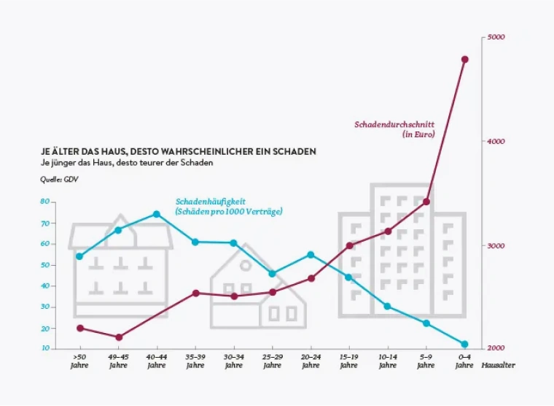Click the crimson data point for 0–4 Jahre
click(x=464, y=60)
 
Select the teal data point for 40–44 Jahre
click(x=157, y=214)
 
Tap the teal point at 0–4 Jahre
click(x=464, y=344)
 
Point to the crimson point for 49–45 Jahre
click(x=118, y=337)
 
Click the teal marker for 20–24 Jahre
click(x=311, y=255)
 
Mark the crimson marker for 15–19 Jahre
click(x=349, y=245)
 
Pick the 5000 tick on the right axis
click(x=496, y=37)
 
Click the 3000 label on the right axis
click(x=496, y=246)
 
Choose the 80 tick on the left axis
click(x=44, y=202)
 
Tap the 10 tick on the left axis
click(x=44, y=348)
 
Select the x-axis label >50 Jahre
click(x=79, y=361)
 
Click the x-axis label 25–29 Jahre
click(x=272, y=361)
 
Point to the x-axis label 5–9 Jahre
click(x=426, y=361)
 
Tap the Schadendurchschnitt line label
click(x=394, y=129)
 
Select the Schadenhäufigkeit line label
click(x=228, y=206)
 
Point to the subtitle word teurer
click(x=147, y=163)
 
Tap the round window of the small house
click(x=246, y=267)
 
